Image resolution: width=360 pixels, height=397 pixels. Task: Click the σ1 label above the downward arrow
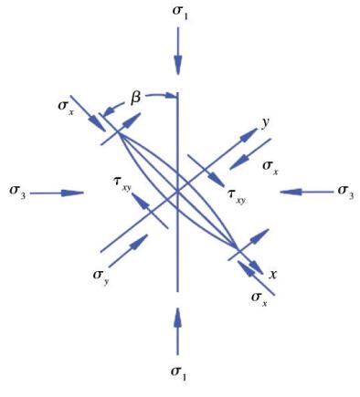(x=180, y=13)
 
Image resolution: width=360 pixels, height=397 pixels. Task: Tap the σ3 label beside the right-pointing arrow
(x=17, y=193)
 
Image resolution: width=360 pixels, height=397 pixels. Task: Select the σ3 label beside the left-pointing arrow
(x=345, y=193)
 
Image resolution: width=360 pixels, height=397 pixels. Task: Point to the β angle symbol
(x=136, y=99)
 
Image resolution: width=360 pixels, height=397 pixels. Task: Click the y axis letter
(x=265, y=124)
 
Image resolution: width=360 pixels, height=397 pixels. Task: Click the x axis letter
(x=273, y=275)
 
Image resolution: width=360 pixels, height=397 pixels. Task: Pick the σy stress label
(x=101, y=277)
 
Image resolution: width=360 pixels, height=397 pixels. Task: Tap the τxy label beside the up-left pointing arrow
(x=122, y=184)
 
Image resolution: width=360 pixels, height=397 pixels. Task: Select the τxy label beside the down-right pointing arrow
(x=237, y=195)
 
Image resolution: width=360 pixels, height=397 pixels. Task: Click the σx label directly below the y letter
(x=270, y=168)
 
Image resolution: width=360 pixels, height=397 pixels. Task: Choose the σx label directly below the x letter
(x=259, y=299)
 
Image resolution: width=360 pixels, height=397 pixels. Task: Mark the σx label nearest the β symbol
(x=66, y=107)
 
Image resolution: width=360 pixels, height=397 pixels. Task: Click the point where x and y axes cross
(x=178, y=192)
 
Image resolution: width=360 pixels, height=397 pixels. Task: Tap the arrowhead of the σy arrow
(x=139, y=242)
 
